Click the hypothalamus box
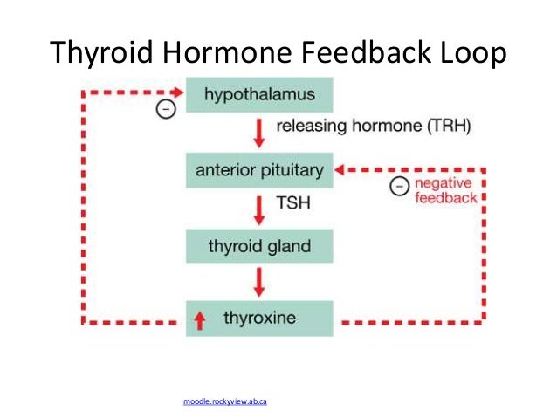[259, 93]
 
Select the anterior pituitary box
[259, 169]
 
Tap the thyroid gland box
[259, 245]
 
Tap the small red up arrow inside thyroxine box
[200, 320]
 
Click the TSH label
[292, 204]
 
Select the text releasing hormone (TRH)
[373, 127]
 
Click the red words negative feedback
[445, 190]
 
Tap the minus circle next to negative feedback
[398, 186]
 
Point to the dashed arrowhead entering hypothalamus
[179, 91]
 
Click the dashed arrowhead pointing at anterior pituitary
[342, 169]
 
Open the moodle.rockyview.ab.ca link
[224, 401]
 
